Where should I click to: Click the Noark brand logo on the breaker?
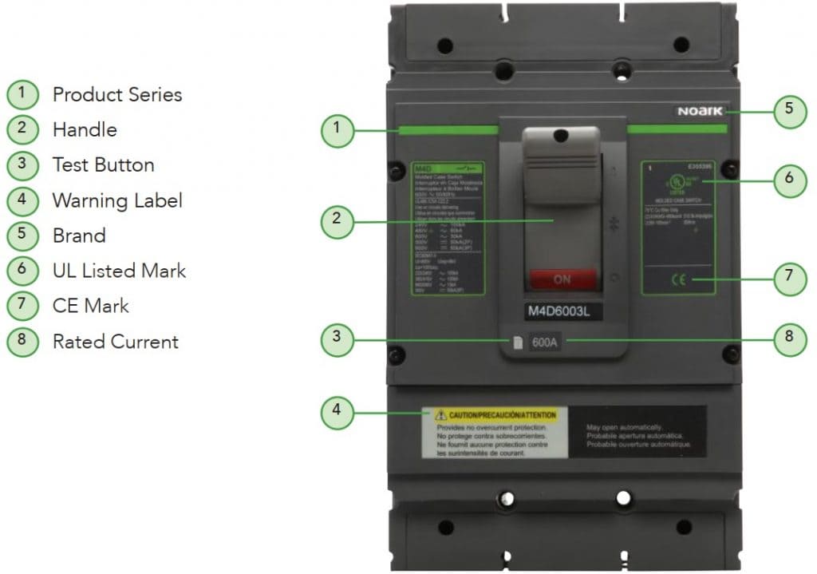click(x=700, y=111)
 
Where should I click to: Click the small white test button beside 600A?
click(x=517, y=342)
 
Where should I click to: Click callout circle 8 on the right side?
click(x=789, y=338)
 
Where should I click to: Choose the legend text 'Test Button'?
click(x=103, y=165)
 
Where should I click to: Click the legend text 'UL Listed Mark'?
click(x=119, y=271)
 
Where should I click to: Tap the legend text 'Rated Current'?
click(x=115, y=342)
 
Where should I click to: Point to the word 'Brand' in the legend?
click(x=79, y=236)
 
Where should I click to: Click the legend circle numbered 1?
click(x=22, y=94)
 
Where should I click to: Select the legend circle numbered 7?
click(x=22, y=306)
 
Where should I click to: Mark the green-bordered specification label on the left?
click(x=448, y=228)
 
